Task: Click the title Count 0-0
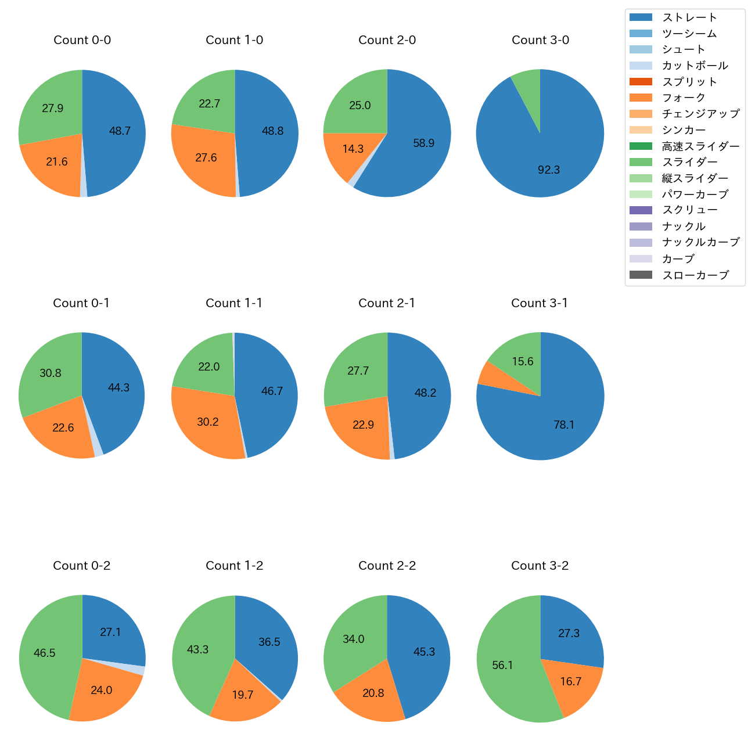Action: click(x=82, y=40)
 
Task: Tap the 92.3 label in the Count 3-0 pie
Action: click(x=549, y=170)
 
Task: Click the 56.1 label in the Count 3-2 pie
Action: click(x=502, y=665)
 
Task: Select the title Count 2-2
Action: click(x=387, y=566)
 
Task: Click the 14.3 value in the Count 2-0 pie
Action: click(x=353, y=149)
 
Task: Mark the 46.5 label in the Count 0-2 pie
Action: click(x=44, y=653)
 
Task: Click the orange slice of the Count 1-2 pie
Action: click(x=244, y=694)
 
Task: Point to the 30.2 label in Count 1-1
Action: click(x=207, y=422)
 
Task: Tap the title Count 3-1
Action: click(x=540, y=303)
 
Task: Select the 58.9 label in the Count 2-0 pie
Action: click(x=423, y=143)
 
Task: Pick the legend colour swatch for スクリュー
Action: click(x=641, y=210)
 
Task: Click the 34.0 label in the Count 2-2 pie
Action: click(x=353, y=639)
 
